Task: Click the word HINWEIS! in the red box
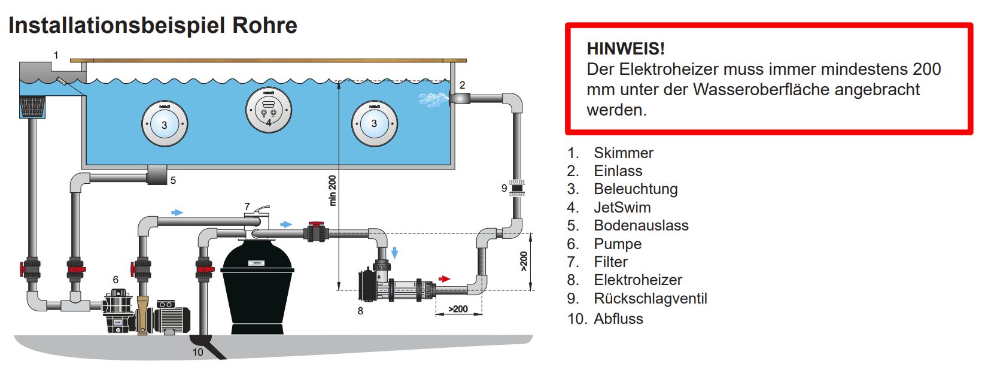(x=625, y=48)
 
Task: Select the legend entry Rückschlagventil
(x=650, y=298)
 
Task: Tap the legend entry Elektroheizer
(x=637, y=280)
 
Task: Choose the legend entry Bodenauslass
(x=641, y=225)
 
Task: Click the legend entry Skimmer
(x=624, y=153)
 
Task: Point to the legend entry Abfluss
(x=618, y=319)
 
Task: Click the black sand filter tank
(x=258, y=288)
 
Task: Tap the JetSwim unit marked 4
(x=269, y=110)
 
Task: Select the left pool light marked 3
(x=165, y=124)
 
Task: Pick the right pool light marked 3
(x=374, y=123)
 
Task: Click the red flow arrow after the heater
(x=445, y=278)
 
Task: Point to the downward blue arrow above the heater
(x=394, y=253)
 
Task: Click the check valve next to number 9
(x=517, y=189)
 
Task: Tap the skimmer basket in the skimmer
(x=32, y=107)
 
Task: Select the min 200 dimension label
(x=333, y=190)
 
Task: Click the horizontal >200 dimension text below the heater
(x=458, y=309)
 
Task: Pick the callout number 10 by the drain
(x=198, y=352)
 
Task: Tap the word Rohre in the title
(x=265, y=25)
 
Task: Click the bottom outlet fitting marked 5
(x=157, y=175)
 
